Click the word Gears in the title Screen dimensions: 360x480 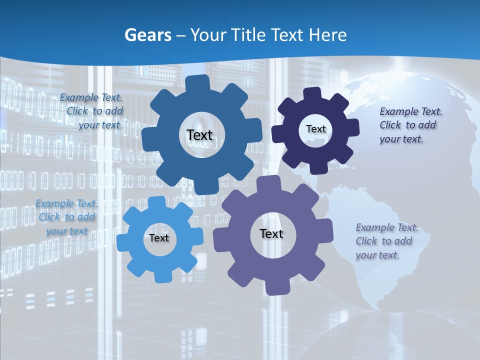[148, 35]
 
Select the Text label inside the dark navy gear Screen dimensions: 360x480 [315, 129]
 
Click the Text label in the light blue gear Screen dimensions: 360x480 [159, 238]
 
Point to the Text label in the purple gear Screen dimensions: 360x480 [271, 233]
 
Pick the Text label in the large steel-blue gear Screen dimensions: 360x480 [199, 135]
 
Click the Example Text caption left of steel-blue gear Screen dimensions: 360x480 [91, 111]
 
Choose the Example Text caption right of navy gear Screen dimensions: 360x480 [410, 125]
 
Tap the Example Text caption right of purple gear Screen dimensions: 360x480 [386, 241]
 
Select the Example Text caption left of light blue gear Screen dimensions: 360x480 [66, 217]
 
